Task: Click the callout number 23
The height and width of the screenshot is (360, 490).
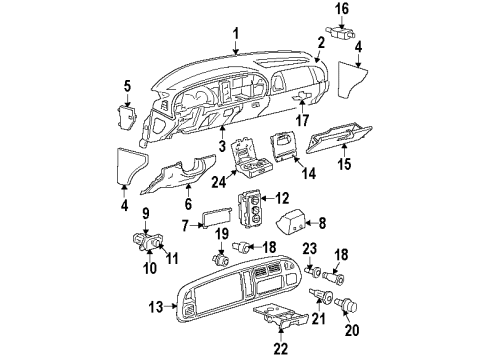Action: pyautogui.click(x=309, y=249)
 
